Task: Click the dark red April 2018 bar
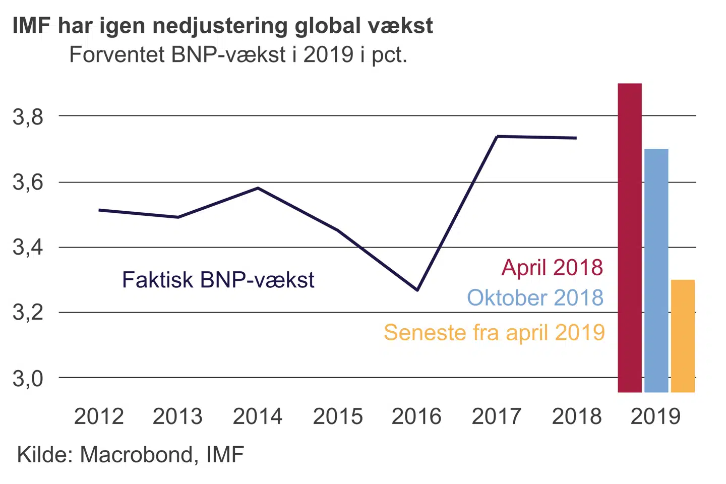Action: [630, 237]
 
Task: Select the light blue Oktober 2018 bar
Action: [656, 270]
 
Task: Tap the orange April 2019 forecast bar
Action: [683, 336]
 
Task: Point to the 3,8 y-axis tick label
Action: [28, 117]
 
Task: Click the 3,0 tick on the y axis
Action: [28, 378]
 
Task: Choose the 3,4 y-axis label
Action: [28, 248]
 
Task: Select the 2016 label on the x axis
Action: [416, 416]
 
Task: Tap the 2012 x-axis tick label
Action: [99, 416]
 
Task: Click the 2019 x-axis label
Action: [655, 416]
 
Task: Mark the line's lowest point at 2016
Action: [417, 290]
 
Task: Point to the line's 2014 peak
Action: [258, 188]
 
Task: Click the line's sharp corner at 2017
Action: [497, 136]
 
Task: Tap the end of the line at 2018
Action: [576, 138]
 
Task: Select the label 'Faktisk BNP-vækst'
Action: [218, 280]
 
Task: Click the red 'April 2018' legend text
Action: [552, 267]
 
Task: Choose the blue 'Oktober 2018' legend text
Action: [535, 297]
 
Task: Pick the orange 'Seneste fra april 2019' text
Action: [494, 333]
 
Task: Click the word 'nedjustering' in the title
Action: [220, 26]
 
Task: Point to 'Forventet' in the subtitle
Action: [117, 54]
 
